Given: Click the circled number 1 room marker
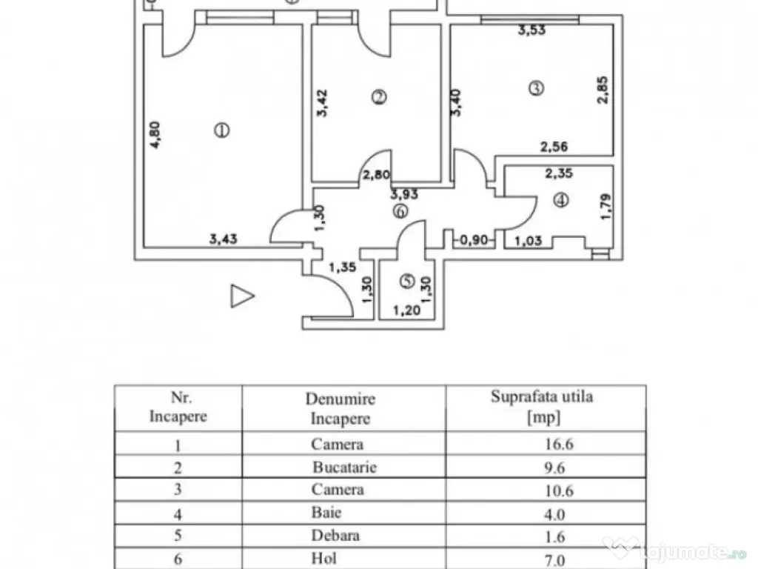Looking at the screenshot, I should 221,131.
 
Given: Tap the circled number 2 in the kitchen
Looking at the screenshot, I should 379,96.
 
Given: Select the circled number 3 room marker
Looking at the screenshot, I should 536,88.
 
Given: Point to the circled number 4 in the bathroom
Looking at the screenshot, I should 562,200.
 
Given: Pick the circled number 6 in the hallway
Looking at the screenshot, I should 400,211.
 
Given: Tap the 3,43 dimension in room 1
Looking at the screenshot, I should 224,239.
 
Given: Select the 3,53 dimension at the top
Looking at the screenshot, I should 531,30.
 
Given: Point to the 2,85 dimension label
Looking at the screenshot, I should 604,89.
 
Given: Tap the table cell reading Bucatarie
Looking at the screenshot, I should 344,467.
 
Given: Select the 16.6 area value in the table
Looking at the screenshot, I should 558,445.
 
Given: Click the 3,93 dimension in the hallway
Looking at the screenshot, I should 405,195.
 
